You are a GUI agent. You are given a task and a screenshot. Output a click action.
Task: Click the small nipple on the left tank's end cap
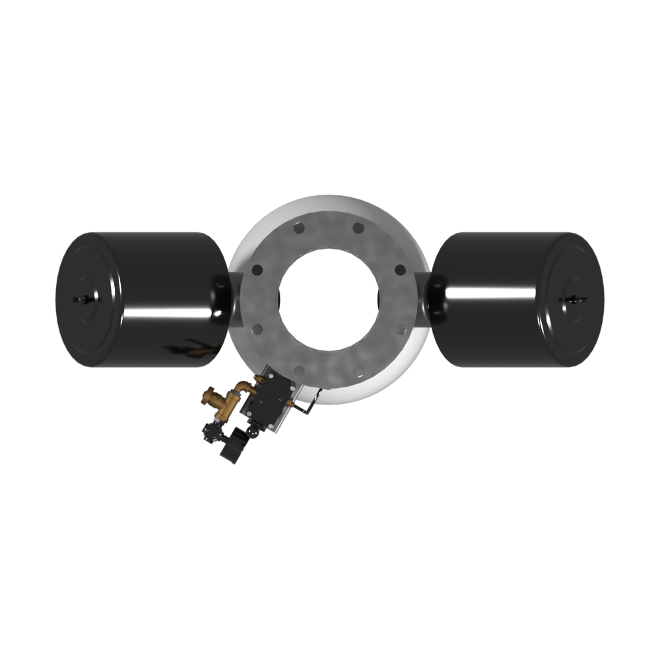[82, 300]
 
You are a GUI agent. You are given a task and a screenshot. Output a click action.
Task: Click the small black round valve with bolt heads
[213, 430]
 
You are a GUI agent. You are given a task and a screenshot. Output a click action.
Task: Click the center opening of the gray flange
[328, 296]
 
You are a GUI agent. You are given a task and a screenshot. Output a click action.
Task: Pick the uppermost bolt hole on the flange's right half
[358, 228]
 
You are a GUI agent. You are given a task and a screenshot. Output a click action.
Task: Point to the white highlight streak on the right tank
[488, 292]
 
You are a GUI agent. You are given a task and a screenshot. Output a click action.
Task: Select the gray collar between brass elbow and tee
[236, 392]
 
